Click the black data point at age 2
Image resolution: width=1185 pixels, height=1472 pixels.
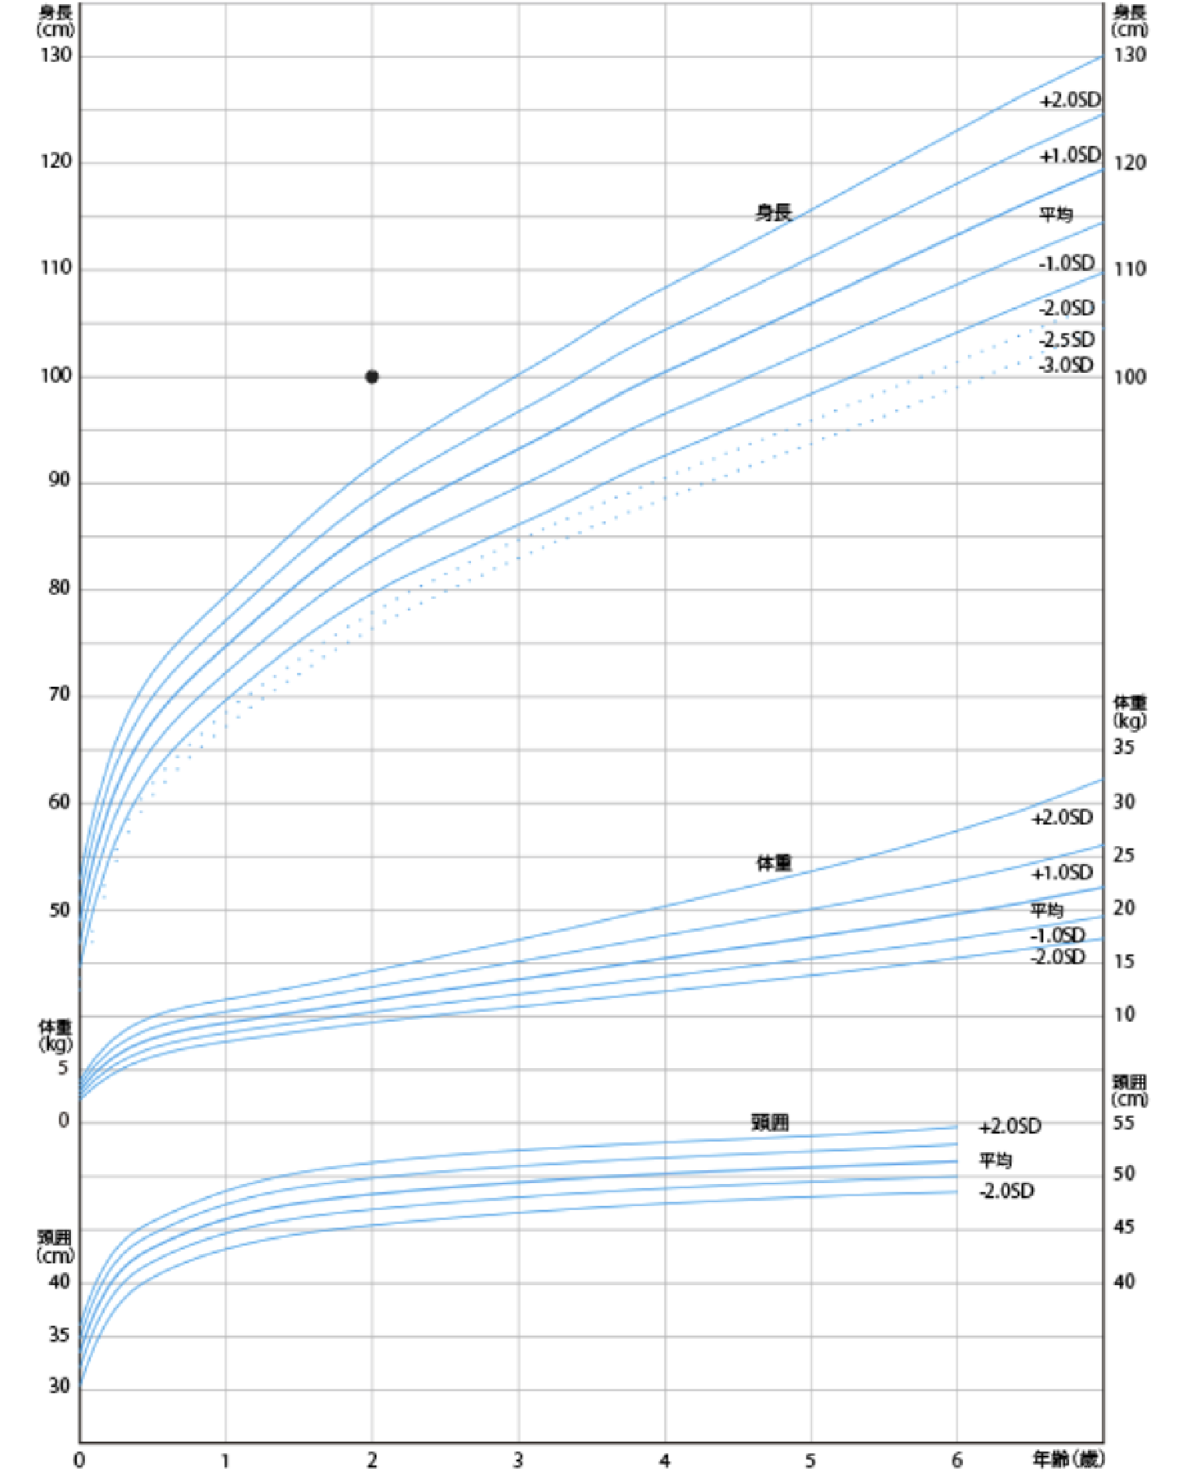(x=372, y=376)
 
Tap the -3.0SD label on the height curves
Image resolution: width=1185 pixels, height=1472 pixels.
(x=1066, y=365)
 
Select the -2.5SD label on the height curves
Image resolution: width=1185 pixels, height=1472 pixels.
(x=1066, y=339)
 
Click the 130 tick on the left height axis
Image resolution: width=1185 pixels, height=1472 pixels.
(x=55, y=55)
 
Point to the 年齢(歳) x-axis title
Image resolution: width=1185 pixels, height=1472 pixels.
(x=1067, y=1459)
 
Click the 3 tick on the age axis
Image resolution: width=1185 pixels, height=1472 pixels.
(x=518, y=1460)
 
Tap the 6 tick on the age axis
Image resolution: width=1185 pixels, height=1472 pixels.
(x=956, y=1460)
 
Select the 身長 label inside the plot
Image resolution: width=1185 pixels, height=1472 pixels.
(x=773, y=213)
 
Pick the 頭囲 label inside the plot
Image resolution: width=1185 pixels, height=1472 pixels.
(x=770, y=1123)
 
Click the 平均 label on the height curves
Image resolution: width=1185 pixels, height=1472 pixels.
(x=1055, y=214)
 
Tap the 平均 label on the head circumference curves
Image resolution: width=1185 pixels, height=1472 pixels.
(x=996, y=1159)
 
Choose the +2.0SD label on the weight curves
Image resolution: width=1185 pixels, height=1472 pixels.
(x=1062, y=818)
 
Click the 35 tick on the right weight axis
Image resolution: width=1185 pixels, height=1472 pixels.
(x=1124, y=747)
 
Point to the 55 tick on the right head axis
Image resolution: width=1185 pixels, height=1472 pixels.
(x=1124, y=1123)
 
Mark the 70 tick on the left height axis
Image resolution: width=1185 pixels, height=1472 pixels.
(x=59, y=694)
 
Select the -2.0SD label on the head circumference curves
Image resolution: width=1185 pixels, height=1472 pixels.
(x=1006, y=1191)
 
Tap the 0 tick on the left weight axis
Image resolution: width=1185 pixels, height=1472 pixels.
(x=64, y=1121)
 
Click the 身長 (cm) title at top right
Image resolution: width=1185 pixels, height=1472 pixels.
(x=1130, y=21)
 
